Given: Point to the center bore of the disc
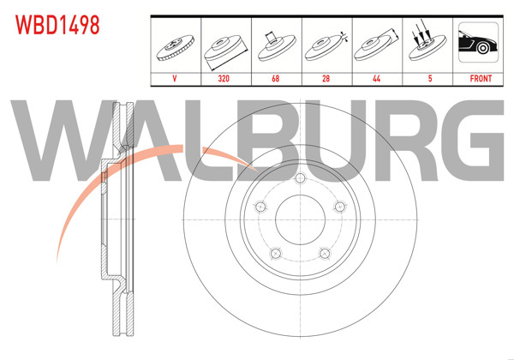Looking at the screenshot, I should coord(301,221).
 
